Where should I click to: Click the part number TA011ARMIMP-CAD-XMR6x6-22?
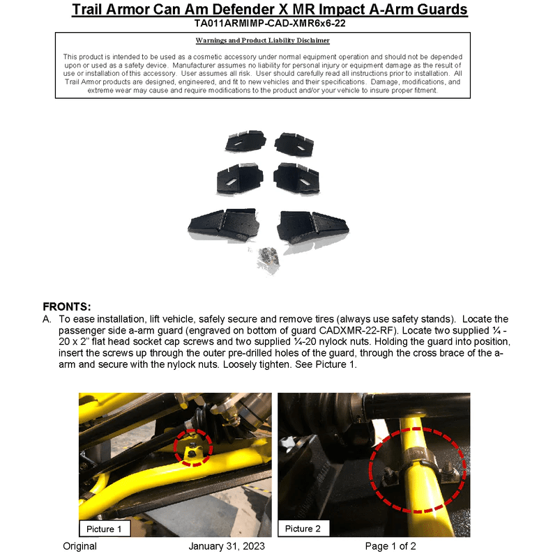tap(270, 23)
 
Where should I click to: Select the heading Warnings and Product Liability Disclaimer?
tap(263, 40)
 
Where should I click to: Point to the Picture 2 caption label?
tap(303, 529)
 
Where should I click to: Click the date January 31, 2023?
tap(227, 546)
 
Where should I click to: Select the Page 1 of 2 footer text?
tap(390, 546)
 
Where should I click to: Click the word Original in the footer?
tap(79, 546)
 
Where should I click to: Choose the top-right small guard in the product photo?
tap(294, 142)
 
